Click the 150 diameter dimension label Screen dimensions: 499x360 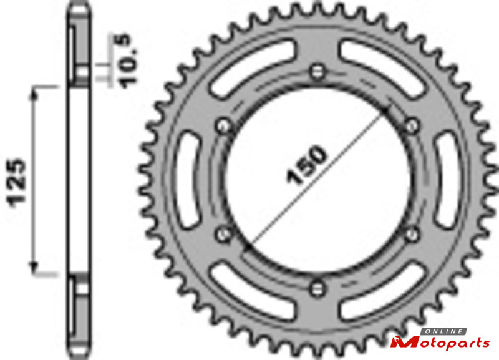(306, 164)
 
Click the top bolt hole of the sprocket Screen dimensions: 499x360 (317, 72)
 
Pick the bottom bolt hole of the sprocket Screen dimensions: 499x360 (317, 288)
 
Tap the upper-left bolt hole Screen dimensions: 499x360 (224, 126)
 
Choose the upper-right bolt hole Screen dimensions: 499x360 (412, 126)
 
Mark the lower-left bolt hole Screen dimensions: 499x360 (224, 234)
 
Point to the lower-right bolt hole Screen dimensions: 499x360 (412, 234)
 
